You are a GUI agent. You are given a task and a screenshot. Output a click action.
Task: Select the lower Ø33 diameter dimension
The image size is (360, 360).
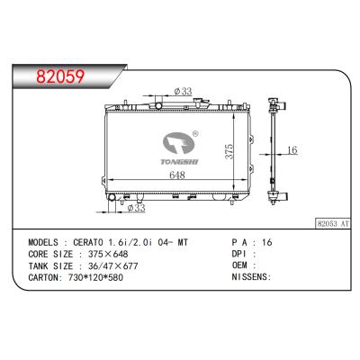(x=136, y=209)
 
